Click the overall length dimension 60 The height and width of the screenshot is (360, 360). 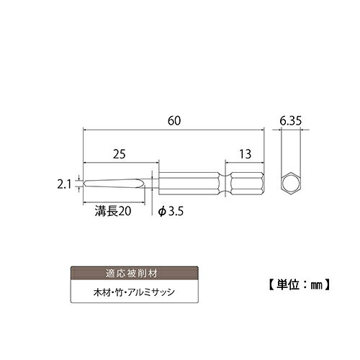174,121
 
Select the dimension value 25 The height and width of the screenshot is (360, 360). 120,154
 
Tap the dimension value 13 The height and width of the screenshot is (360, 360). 245,154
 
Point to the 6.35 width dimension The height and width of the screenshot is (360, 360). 290,121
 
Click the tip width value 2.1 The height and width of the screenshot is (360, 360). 64,185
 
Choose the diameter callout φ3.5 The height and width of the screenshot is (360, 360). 171,211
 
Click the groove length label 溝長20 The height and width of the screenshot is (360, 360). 113,211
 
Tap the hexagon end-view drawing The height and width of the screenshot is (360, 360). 291,184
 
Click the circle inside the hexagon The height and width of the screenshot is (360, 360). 291,184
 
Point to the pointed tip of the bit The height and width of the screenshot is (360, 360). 84,184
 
